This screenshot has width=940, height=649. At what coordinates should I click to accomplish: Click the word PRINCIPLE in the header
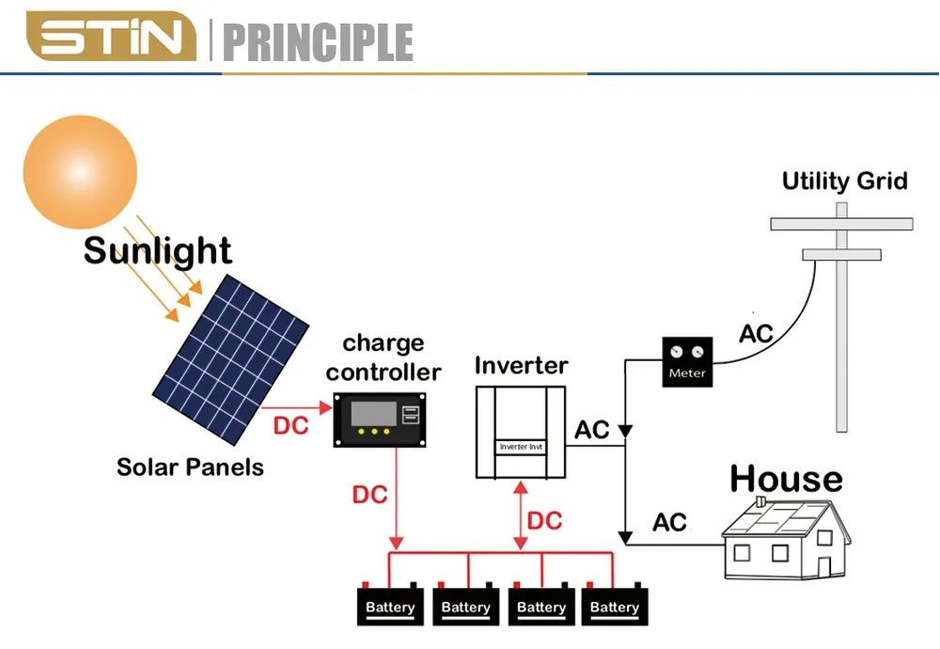[x=319, y=42]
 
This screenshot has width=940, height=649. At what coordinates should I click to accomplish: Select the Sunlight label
[x=157, y=251]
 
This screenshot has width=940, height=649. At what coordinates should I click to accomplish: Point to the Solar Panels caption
[x=190, y=467]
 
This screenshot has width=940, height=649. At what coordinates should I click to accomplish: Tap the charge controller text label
[x=384, y=357]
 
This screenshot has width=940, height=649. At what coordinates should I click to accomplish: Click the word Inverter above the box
[x=521, y=365]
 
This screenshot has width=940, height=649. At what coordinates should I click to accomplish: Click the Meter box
[x=686, y=361]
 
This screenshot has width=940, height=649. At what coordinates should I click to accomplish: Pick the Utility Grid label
[x=844, y=181]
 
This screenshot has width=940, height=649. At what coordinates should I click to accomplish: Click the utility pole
[x=841, y=320]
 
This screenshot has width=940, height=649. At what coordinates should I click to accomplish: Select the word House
[x=786, y=479]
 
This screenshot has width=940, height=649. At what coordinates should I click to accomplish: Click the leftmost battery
[x=390, y=604]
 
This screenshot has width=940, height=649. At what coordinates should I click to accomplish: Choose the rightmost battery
[x=615, y=604]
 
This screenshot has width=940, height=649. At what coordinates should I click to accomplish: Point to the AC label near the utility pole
[x=756, y=334]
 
